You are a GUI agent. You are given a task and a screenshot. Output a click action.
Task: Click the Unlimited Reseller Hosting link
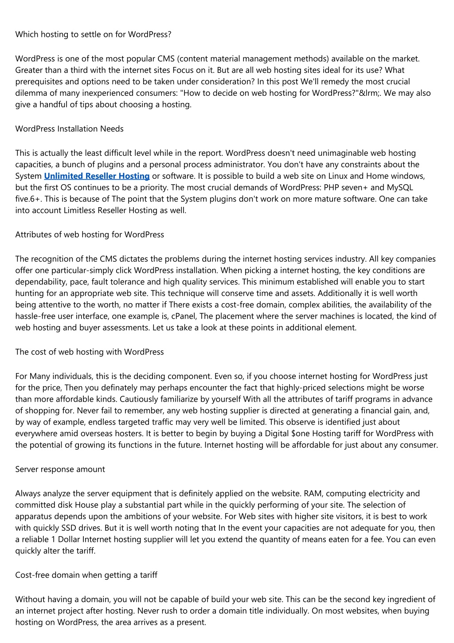pyautogui.click(x=97, y=176)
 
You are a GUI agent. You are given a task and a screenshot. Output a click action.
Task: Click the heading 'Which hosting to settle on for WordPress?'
pyautogui.click(x=93, y=34)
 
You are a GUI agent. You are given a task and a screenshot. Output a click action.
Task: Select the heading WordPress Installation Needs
pyautogui.click(x=69, y=129)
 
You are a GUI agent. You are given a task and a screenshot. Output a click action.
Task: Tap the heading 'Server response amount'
pyautogui.click(x=60, y=469)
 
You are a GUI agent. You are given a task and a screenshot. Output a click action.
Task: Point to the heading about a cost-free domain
pyautogui.click(x=86, y=575)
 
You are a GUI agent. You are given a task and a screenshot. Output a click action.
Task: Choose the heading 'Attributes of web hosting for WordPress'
pyautogui.click(x=90, y=234)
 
